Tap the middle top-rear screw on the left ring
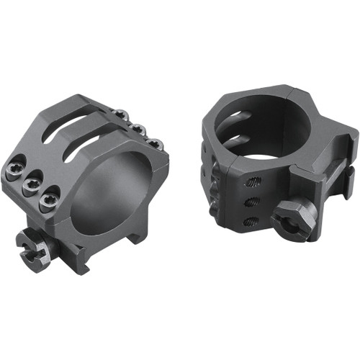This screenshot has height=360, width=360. tap(139, 130)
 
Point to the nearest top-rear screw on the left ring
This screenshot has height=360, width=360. tap(154, 145)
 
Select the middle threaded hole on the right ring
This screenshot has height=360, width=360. tap(251, 202)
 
